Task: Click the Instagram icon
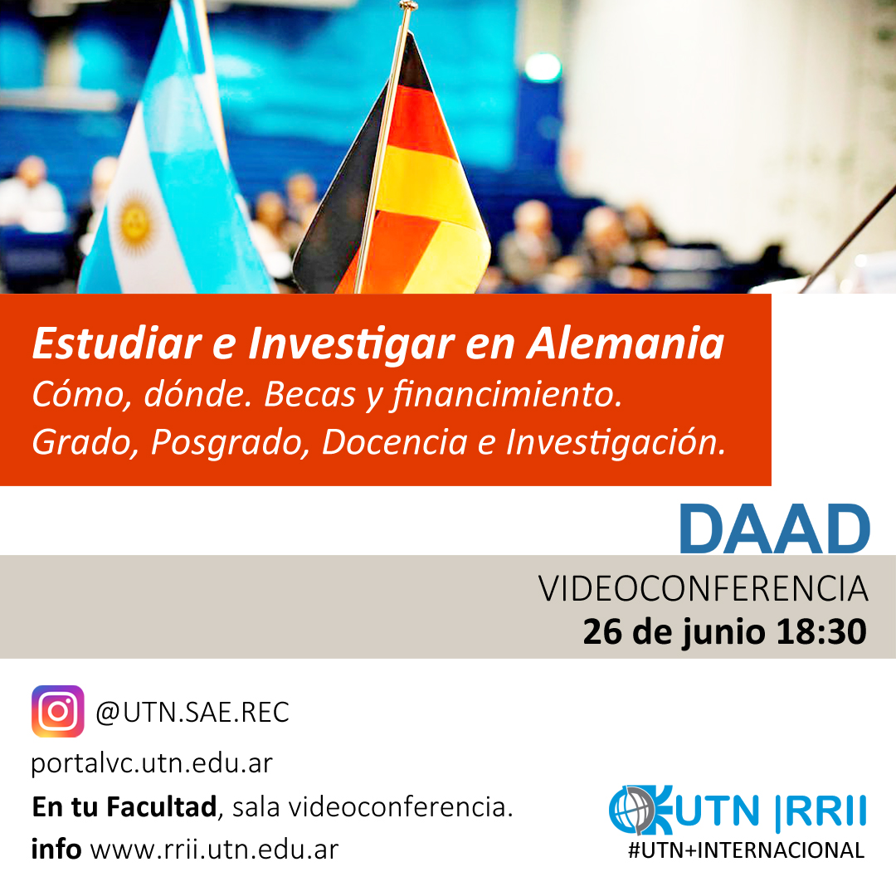pos(58,711)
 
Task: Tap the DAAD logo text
pos(775,528)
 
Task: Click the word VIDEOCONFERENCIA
pos(703,588)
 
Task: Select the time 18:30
pos(821,631)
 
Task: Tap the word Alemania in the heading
pos(626,343)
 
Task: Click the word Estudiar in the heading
pos(117,343)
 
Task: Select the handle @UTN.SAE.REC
pos(192,712)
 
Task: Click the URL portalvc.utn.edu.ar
pos(152,763)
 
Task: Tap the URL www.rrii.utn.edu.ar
pos(214,850)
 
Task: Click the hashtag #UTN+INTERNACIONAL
pos(747,850)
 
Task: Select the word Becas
pos(309,394)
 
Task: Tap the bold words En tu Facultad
pos(124,807)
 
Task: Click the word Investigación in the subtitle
pos(616,442)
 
